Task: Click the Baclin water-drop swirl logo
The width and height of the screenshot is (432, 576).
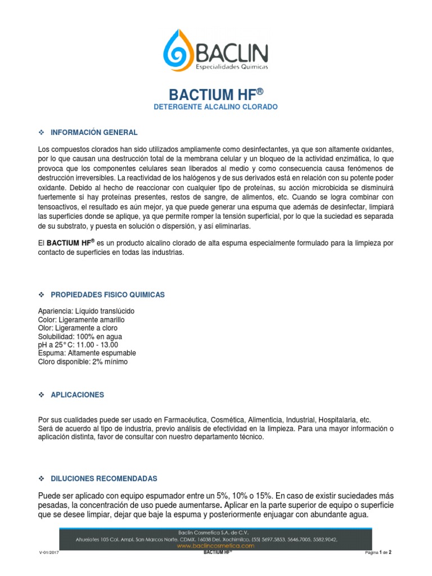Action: tap(179, 50)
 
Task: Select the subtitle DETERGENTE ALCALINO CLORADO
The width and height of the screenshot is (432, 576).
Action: tap(216, 106)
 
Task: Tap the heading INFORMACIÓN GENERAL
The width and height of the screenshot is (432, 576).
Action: tap(94, 133)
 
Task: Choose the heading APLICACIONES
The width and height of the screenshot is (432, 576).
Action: tap(78, 395)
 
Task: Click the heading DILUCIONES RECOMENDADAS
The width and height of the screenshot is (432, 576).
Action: tap(104, 478)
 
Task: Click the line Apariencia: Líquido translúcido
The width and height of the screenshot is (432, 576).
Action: tap(86, 311)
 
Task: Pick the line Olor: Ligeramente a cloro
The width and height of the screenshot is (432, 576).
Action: tap(78, 328)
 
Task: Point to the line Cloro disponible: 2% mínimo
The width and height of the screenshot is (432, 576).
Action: tap(83, 362)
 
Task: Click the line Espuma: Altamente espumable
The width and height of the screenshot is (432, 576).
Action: tap(87, 353)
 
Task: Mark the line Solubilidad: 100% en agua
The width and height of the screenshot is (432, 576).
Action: tap(81, 336)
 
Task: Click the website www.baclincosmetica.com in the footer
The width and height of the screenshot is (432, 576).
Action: tap(216, 546)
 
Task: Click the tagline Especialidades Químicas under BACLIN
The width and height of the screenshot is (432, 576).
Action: tap(232, 67)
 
